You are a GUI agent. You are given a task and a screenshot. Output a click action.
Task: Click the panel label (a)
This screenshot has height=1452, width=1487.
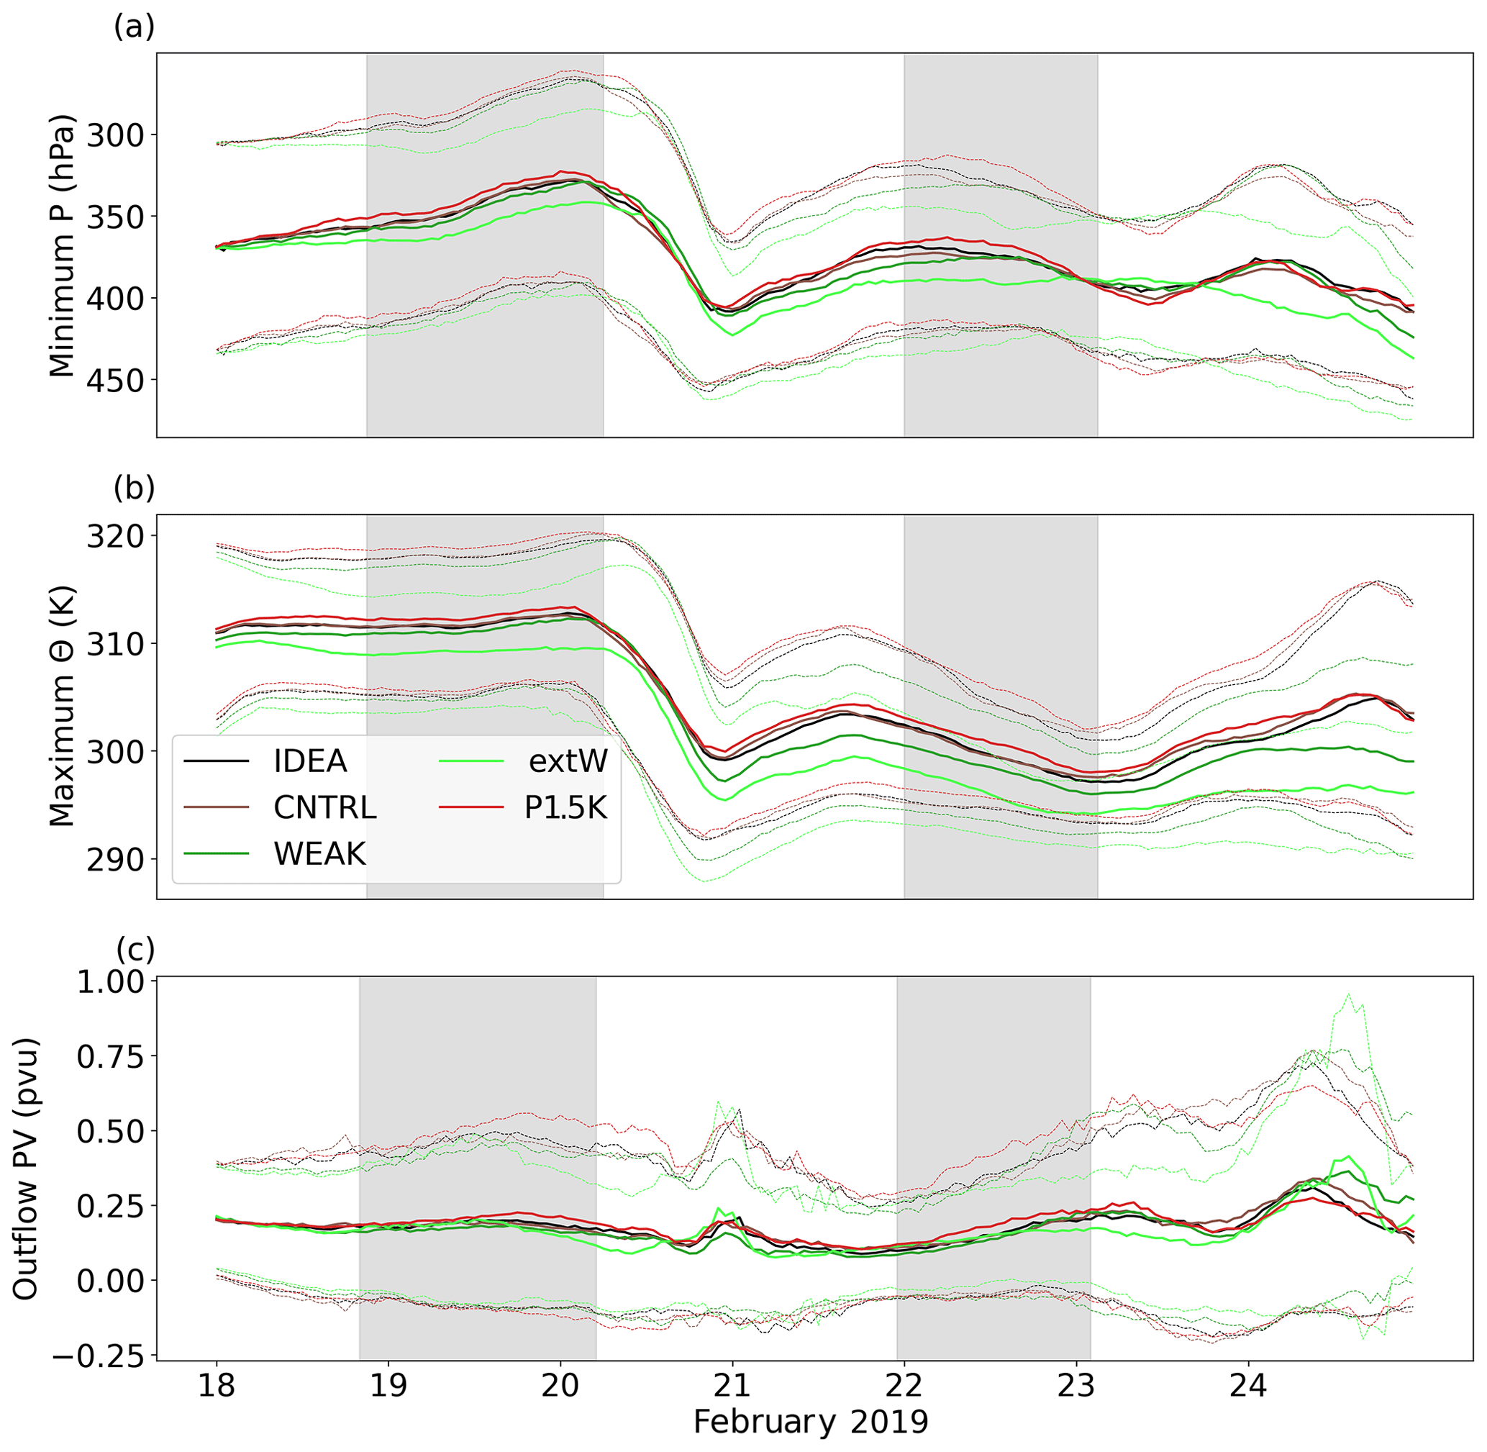[135, 27]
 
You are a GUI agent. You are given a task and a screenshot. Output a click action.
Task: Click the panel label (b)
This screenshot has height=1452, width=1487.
[135, 488]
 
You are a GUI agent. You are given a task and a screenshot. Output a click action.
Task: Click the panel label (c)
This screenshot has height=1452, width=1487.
[135, 950]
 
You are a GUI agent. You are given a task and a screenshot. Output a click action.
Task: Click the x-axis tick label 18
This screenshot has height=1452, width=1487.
[217, 1386]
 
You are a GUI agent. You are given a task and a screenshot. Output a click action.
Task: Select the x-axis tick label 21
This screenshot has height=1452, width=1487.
[732, 1386]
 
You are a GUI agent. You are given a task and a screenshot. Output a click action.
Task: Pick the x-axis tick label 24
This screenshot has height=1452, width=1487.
[1248, 1386]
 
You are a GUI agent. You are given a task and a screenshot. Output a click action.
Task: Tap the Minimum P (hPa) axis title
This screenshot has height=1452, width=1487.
[63, 245]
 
